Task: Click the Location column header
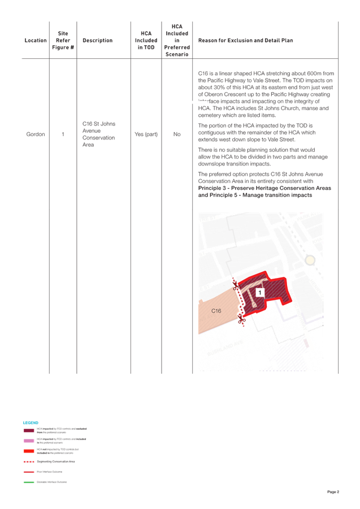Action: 36,41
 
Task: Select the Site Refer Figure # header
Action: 63,41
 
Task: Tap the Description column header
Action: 97,41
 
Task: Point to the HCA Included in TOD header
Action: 145,41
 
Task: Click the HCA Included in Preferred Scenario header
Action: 176,41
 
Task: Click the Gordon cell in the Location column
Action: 36,134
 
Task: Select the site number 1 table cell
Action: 63,134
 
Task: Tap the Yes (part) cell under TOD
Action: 145,134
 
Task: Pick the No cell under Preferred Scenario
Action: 176,134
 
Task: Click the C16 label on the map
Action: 216,311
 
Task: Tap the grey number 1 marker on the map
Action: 260,292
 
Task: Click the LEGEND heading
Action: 30,422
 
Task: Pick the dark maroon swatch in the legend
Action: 29,430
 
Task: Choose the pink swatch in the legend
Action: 29,440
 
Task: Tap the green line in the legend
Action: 29,482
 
